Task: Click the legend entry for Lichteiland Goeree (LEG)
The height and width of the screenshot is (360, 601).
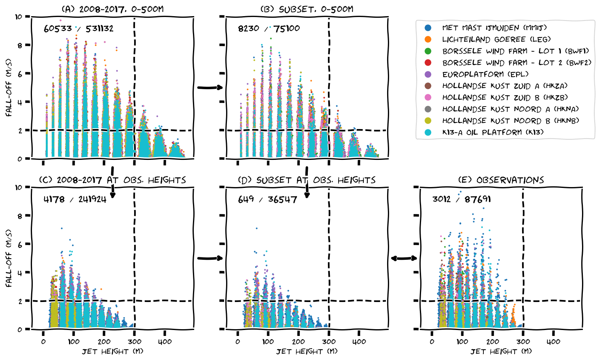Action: tap(496, 39)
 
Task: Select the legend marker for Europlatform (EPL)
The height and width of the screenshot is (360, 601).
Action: tap(428, 74)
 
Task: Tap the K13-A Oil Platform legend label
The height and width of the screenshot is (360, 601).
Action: tap(492, 132)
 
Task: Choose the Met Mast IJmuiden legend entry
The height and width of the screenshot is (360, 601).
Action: tap(494, 28)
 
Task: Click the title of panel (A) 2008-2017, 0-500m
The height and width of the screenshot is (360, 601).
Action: tap(112, 9)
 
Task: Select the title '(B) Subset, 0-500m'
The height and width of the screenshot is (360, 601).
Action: tap(307, 9)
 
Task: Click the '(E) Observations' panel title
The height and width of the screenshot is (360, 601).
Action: tap(501, 180)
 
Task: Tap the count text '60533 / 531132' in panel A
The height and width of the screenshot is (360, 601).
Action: tap(79, 28)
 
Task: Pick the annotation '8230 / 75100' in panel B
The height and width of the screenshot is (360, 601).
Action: tap(269, 28)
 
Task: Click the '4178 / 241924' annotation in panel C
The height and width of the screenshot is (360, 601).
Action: tap(75, 199)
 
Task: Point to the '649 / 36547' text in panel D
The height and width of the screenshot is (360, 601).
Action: tap(267, 199)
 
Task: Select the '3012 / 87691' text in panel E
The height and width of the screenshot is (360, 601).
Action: tap(461, 199)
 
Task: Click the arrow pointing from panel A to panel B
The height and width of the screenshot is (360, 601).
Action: tap(210, 88)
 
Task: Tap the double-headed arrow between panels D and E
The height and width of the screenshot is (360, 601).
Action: tap(404, 258)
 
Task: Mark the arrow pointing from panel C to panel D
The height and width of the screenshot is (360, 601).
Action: tap(210, 258)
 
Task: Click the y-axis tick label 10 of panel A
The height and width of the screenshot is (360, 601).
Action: tap(19, 17)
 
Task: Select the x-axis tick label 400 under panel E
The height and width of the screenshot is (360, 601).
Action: tap(553, 342)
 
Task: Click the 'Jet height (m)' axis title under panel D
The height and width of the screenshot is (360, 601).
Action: tap(307, 351)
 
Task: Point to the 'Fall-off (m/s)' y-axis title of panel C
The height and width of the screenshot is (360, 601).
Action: tap(9, 258)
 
